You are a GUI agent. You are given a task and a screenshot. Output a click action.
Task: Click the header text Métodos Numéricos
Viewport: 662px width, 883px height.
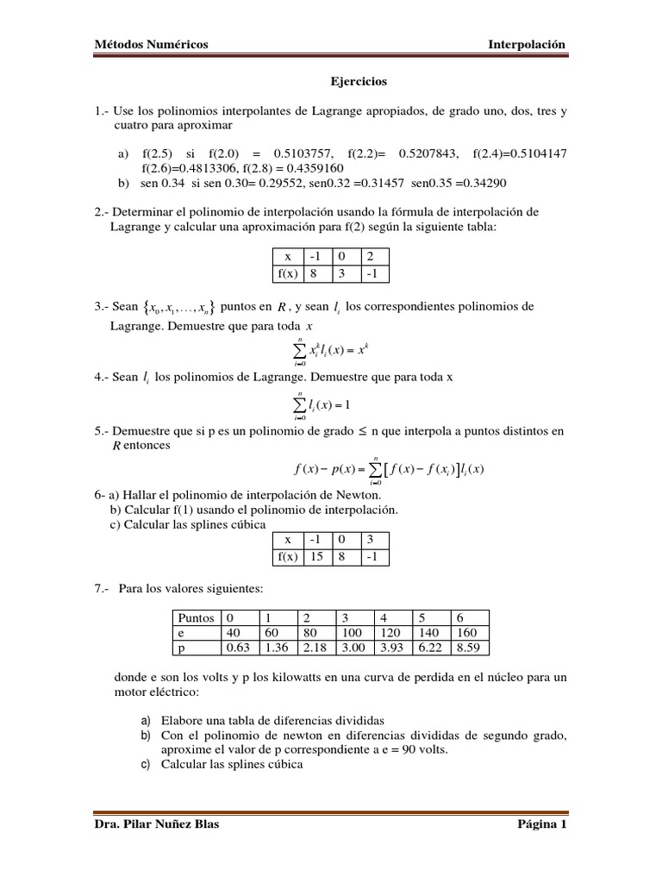coord(151,45)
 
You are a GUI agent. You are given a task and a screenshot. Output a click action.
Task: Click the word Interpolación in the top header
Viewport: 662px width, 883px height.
coord(527,45)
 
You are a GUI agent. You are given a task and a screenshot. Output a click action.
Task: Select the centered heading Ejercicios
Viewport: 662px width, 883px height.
coord(359,82)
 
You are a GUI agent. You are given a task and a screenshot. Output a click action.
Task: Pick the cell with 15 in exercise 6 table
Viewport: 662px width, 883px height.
coord(316,556)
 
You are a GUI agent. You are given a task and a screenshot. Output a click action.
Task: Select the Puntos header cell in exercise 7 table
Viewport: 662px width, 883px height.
coord(197,617)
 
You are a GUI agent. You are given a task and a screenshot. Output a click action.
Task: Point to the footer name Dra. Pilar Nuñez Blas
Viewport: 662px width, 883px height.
coord(156,824)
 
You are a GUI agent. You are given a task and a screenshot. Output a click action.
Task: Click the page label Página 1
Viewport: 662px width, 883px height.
coord(541,824)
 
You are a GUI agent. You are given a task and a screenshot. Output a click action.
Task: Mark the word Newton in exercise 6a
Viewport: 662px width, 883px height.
coord(358,494)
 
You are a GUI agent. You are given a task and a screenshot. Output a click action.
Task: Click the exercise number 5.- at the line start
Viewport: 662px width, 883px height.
coord(102,431)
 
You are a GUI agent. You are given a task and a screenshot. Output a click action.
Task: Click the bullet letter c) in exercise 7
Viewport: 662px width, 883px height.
coord(145,763)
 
